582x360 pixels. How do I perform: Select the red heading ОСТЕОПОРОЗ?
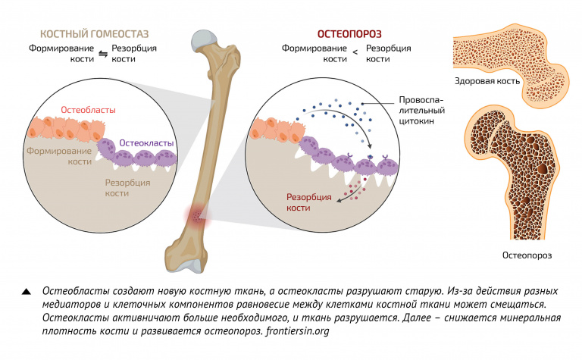point(349,33)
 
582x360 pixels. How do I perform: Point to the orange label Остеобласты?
point(88,111)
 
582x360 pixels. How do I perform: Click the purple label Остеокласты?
point(147,142)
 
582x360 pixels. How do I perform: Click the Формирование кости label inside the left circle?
point(58,156)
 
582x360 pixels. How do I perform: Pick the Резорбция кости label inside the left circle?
point(127,188)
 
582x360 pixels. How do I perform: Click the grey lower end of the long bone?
point(192,265)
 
